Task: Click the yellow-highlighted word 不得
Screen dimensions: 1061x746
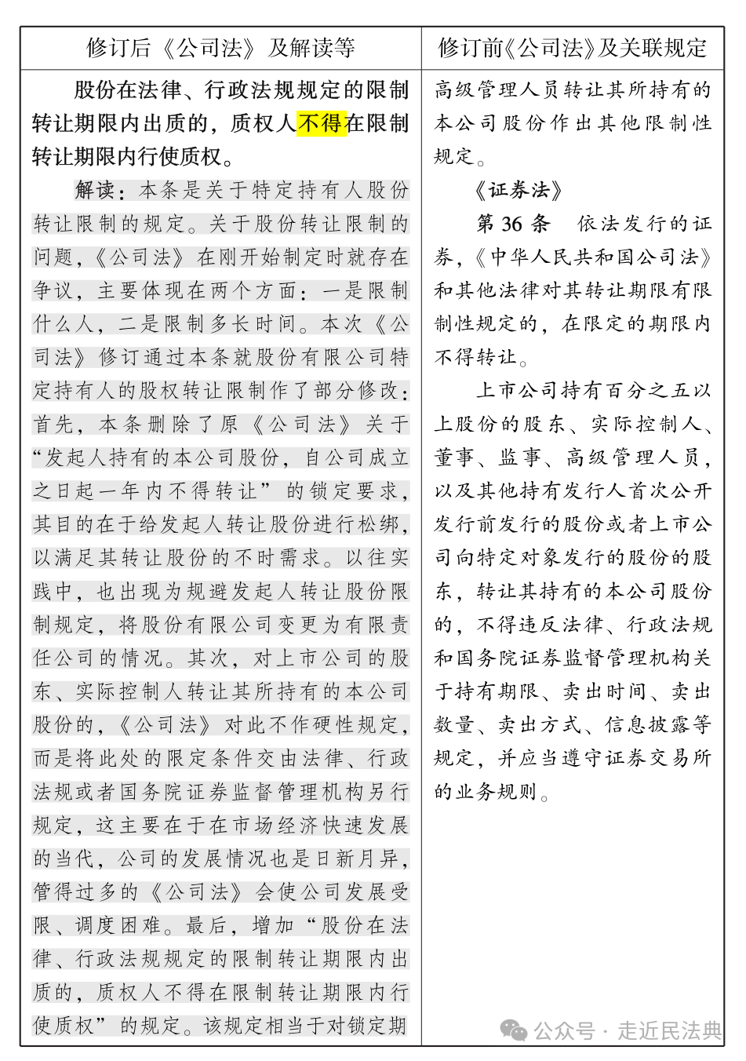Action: click(322, 124)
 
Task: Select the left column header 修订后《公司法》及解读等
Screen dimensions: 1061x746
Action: click(220, 49)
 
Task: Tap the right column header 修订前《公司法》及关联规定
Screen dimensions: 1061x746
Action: click(573, 49)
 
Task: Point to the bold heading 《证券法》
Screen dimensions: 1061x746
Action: click(519, 191)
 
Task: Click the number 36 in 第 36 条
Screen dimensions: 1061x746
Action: click(511, 224)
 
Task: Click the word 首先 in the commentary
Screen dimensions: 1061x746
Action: click(54, 425)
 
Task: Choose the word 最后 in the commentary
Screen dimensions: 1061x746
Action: click(207, 925)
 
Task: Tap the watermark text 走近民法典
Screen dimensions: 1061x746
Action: click(669, 1030)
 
